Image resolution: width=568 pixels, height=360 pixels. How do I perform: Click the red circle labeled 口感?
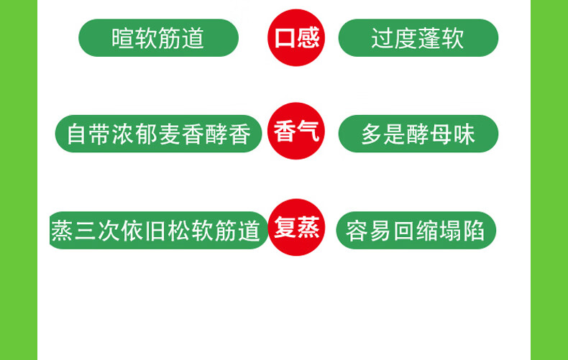click(296, 37)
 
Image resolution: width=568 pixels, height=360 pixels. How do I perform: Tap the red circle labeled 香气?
click(296, 131)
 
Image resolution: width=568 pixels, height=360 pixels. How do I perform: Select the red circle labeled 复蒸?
click(296, 228)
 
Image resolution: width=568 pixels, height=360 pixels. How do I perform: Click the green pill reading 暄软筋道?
click(158, 38)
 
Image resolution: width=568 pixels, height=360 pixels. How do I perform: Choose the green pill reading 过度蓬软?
click(418, 38)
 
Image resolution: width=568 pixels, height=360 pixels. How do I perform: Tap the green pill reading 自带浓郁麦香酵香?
click(158, 134)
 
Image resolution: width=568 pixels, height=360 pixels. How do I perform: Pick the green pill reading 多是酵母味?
click(418, 134)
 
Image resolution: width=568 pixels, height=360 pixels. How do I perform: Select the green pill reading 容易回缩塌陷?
click(416, 231)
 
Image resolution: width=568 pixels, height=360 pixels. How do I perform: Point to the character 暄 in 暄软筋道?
click(123, 38)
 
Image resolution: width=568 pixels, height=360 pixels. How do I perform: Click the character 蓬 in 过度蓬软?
click(429, 38)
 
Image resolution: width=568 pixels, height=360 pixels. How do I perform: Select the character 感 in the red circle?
click(308, 37)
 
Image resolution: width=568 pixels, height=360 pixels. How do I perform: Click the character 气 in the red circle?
click(308, 131)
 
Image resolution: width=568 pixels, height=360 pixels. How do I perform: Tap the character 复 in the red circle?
click(285, 228)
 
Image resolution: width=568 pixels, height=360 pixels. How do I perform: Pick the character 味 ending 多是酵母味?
click(464, 134)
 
